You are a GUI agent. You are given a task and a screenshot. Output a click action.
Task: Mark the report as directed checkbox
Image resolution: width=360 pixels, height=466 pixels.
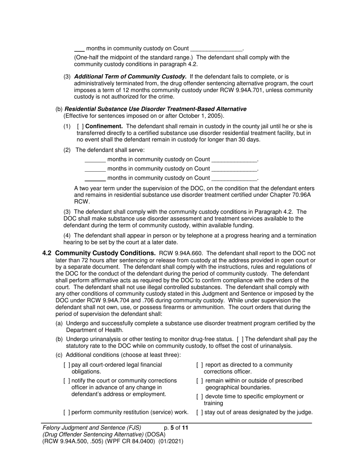pyautogui.click(x=199, y=365)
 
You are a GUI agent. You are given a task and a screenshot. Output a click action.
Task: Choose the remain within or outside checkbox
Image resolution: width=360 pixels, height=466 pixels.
pyautogui.click(x=199, y=380)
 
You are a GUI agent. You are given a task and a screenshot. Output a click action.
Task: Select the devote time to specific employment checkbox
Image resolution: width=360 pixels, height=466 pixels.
pyautogui.click(x=199, y=396)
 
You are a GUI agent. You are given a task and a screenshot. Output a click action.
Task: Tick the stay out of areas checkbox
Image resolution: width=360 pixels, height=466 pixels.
pyautogui.click(x=199, y=412)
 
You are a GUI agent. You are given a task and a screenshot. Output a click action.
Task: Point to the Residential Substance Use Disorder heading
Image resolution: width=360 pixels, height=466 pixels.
pyautogui.click(x=155, y=109)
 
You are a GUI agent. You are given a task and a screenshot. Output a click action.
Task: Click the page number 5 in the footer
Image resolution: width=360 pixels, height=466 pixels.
pyautogui.click(x=172, y=428)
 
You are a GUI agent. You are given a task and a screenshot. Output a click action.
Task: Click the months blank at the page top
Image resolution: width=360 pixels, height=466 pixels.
pyautogui.click(x=79, y=49)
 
